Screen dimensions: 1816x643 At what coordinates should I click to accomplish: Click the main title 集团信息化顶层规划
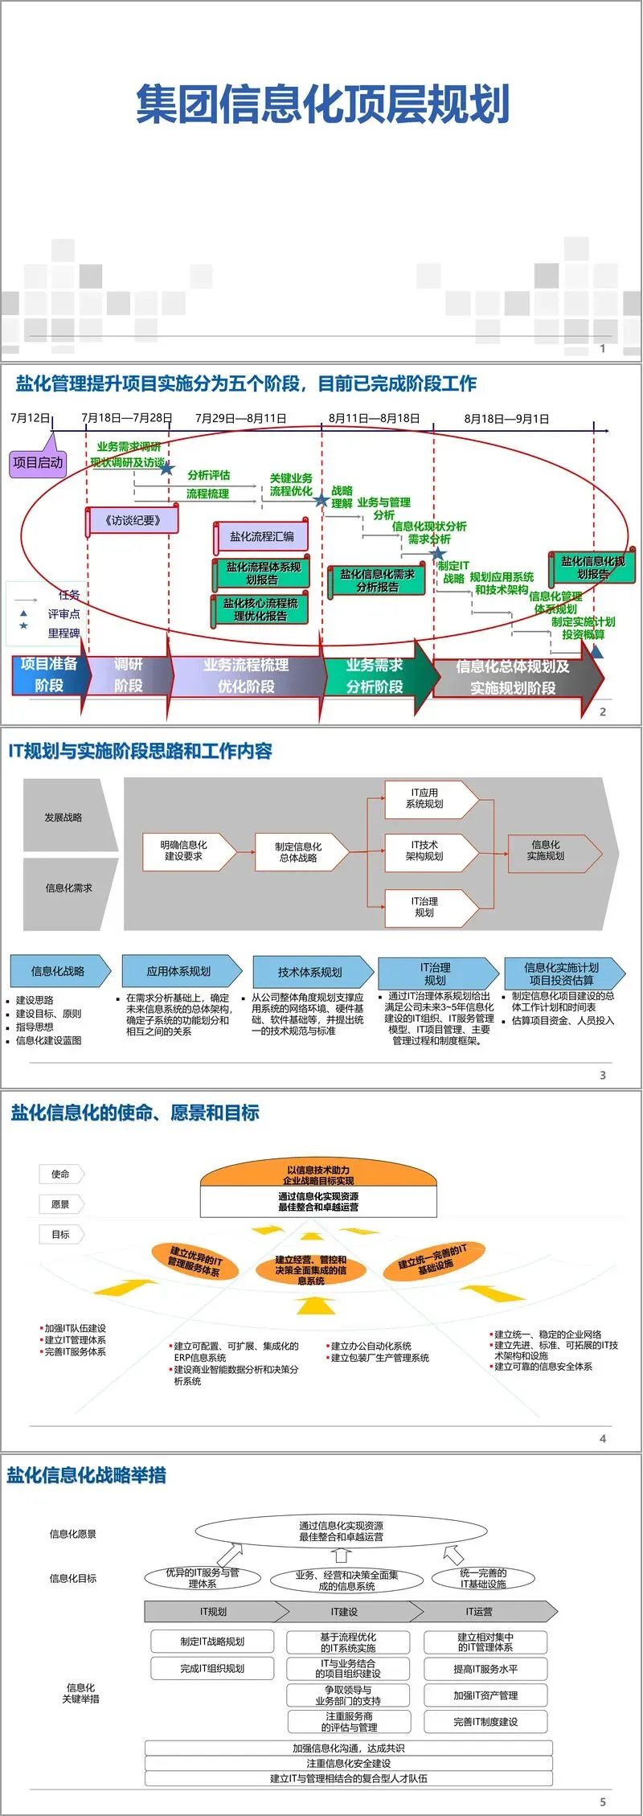[322, 105]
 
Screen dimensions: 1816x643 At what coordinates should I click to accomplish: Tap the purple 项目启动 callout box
[38, 462]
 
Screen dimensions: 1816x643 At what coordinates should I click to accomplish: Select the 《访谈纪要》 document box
[133, 521]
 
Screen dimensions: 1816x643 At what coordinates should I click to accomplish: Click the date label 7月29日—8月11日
[240, 418]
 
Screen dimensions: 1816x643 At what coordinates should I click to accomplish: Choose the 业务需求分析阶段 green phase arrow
[376, 676]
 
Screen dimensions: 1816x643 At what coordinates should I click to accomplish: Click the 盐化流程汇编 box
[262, 536]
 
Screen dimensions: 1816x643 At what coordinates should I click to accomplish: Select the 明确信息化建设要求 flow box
[184, 851]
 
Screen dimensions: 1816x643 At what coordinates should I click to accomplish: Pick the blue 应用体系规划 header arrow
[179, 971]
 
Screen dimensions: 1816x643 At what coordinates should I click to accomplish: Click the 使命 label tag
[60, 1174]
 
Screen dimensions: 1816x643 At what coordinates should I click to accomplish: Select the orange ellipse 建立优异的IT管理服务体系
[195, 1261]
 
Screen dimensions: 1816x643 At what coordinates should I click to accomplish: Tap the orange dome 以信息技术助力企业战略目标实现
[318, 1175]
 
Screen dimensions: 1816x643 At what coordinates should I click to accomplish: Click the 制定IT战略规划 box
[212, 1642]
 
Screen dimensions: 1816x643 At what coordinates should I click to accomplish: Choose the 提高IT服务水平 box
[485, 1669]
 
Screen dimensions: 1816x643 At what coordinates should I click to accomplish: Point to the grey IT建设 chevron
[346, 1612]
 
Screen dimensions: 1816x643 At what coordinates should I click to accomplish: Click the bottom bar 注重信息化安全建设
[349, 1763]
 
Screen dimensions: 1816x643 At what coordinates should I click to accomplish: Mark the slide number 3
[603, 1075]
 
